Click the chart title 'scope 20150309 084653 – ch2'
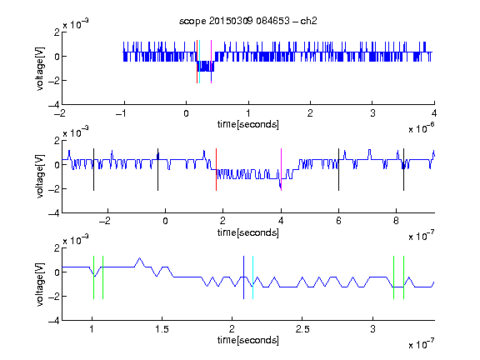tap(248, 21)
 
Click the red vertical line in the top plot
tap(197, 62)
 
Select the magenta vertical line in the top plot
tap(211, 62)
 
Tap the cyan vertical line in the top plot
tap(199, 62)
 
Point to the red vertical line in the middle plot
tap(216, 170)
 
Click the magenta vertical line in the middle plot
tap(281, 170)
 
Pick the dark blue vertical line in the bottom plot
tap(243, 277)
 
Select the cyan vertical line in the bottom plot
tap(252, 277)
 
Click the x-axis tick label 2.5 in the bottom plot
tap(302, 329)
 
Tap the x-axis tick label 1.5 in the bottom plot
tap(162, 329)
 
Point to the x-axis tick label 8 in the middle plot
tap(396, 221)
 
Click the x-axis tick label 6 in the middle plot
tap(338, 221)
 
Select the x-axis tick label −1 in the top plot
tap(122, 113)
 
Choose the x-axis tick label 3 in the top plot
tap(372, 113)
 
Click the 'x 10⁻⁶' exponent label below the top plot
tap(422, 128)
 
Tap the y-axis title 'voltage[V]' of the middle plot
tap(40, 177)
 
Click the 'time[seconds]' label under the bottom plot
tap(248, 340)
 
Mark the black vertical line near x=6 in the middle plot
tap(338, 170)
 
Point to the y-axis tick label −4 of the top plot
tap(53, 105)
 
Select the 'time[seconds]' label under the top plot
tap(248, 124)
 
